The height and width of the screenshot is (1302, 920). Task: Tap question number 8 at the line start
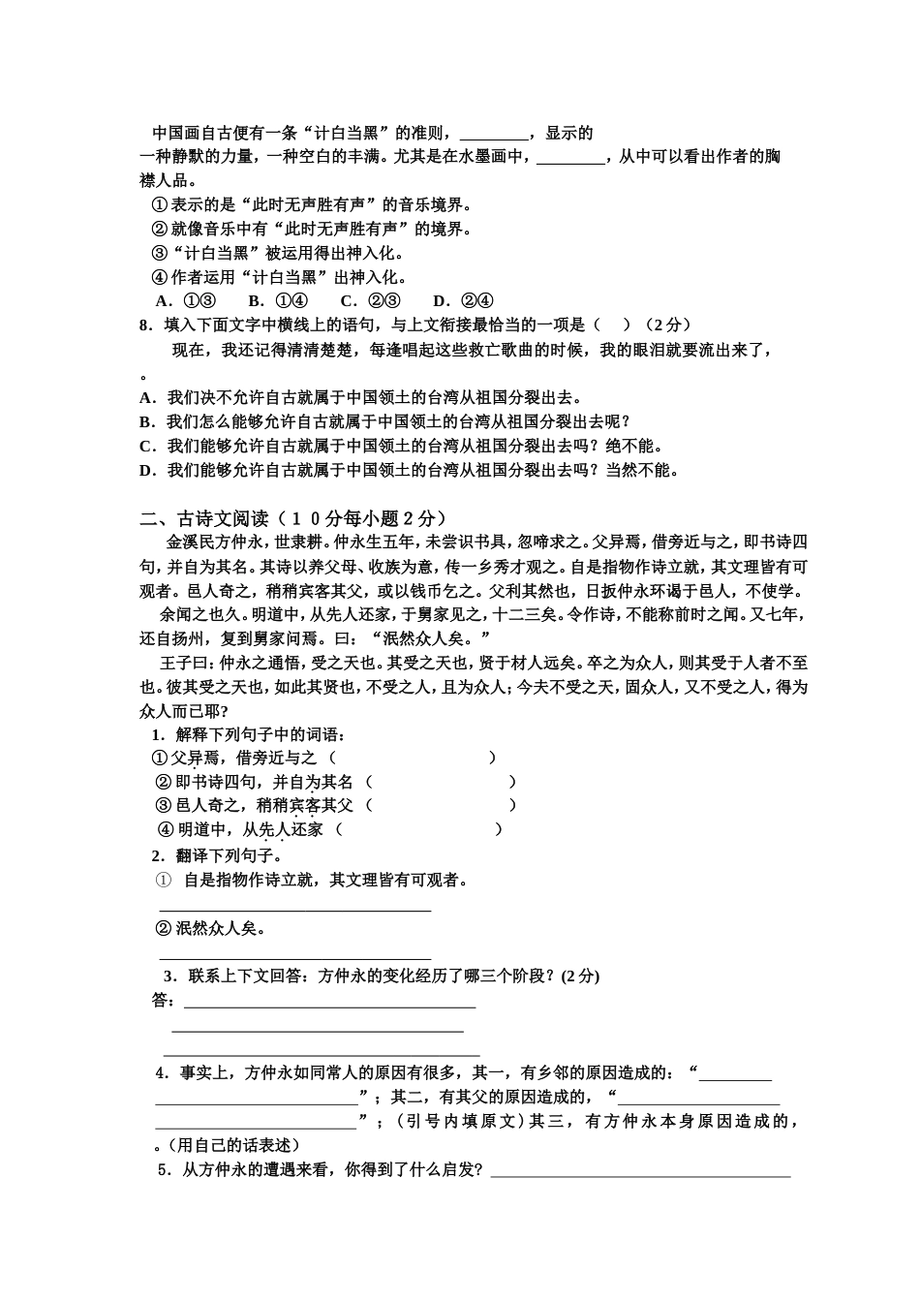(x=146, y=325)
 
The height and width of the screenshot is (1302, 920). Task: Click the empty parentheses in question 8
(x=611, y=325)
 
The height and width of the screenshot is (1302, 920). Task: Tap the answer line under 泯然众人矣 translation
(x=294, y=956)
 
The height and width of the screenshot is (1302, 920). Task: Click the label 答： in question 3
(x=163, y=1001)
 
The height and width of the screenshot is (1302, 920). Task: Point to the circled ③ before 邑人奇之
(x=163, y=805)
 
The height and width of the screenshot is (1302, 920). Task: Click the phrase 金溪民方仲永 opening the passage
(x=213, y=542)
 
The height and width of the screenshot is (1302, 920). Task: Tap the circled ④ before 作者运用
(x=161, y=278)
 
